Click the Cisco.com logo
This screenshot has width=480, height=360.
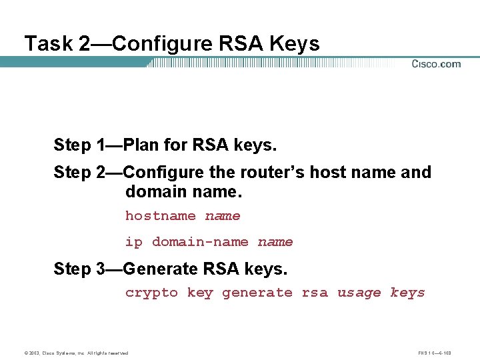click(436, 64)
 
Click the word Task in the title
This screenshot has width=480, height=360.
click(48, 44)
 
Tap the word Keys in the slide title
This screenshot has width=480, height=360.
click(294, 44)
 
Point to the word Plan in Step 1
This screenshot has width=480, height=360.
click(141, 145)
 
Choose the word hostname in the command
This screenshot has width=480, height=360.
click(161, 216)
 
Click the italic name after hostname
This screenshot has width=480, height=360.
click(223, 216)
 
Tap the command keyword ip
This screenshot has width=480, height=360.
click(134, 242)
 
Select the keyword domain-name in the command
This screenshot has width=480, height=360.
click(200, 242)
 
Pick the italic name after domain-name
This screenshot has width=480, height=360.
click(275, 242)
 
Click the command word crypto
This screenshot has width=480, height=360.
click(151, 293)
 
